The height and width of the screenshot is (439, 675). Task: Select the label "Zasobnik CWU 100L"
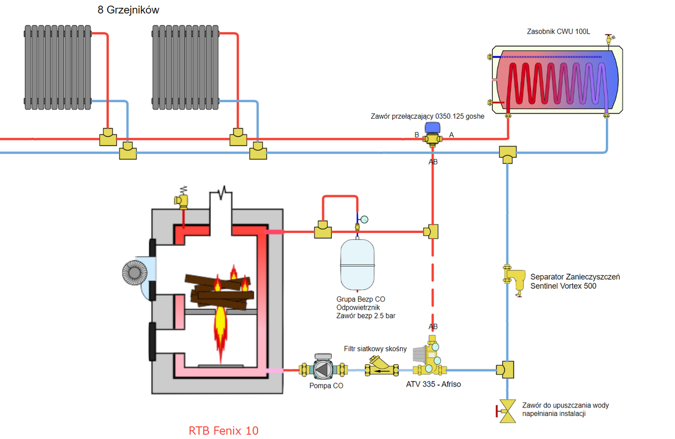tap(557, 32)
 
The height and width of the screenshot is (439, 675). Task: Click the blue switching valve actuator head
tap(432, 128)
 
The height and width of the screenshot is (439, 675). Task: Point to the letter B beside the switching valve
tap(417, 135)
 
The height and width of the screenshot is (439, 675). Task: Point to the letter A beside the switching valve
tap(451, 135)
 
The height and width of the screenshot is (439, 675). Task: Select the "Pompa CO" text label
tap(326, 386)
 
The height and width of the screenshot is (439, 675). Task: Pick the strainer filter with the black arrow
tap(381, 369)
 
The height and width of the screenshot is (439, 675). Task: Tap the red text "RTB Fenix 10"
tap(224, 431)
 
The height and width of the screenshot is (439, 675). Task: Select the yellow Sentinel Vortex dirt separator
tap(513, 278)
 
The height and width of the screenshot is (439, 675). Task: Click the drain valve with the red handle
tap(508, 412)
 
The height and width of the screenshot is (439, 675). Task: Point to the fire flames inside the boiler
tap(221, 326)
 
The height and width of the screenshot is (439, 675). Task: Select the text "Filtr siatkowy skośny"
tap(375, 349)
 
